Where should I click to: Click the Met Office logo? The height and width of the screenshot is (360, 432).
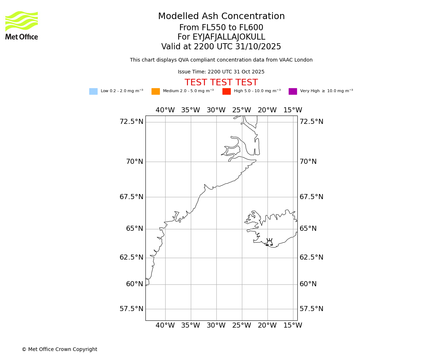click(x=22, y=25)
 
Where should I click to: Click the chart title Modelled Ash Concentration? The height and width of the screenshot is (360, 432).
click(x=221, y=17)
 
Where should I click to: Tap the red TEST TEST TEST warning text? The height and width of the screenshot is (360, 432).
click(x=221, y=83)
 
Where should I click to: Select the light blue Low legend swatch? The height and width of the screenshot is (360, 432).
click(x=93, y=91)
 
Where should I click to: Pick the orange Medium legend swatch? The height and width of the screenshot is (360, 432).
click(x=156, y=91)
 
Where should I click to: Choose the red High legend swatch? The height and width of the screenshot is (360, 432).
click(x=226, y=91)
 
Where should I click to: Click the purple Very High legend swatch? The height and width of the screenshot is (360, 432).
click(x=293, y=91)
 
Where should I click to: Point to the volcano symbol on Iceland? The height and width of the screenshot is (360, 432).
click(x=269, y=242)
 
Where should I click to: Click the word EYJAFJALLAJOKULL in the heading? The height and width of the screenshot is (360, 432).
click(x=229, y=37)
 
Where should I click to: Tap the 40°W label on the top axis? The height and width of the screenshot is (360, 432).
click(x=165, y=110)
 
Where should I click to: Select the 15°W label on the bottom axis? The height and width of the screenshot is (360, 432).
click(x=293, y=325)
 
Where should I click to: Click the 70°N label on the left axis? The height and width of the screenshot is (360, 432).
click(x=134, y=162)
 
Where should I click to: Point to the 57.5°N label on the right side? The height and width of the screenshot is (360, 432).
click(x=311, y=309)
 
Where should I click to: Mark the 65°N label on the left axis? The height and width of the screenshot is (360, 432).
click(x=134, y=229)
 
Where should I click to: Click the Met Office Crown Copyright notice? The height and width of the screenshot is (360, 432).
click(x=59, y=349)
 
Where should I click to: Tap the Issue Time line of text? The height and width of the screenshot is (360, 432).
click(x=221, y=72)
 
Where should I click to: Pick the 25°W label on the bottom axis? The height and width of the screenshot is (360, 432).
click(x=242, y=325)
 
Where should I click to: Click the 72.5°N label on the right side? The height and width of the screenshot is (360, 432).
click(x=311, y=122)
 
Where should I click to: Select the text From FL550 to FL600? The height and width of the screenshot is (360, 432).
click(x=221, y=28)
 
